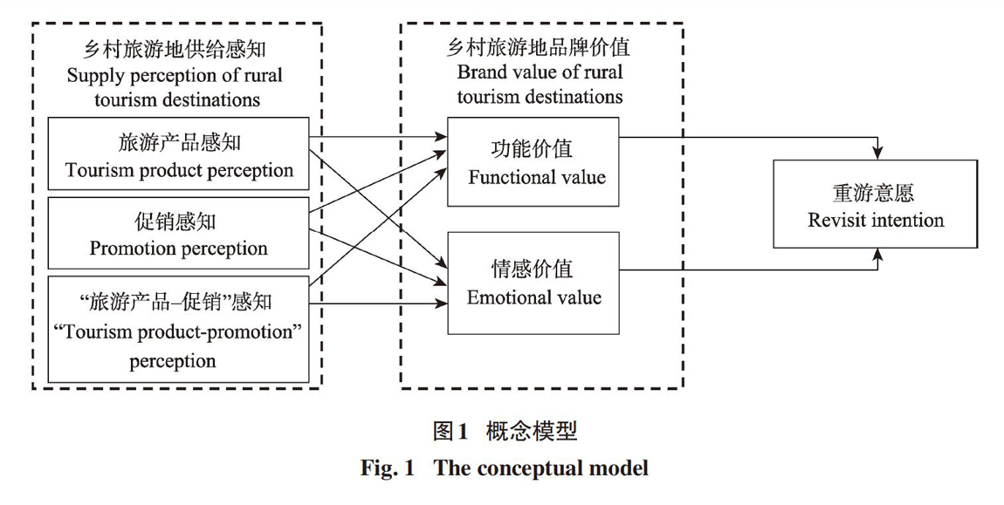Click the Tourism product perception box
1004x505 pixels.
[x=179, y=154]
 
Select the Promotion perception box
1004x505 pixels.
[x=179, y=234]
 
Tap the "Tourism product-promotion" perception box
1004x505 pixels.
[x=179, y=329]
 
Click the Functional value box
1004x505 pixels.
[x=533, y=162]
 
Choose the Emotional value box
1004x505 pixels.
[x=533, y=283]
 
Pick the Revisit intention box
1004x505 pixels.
[x=876, y=203]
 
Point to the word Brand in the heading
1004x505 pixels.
[x=477, y=72]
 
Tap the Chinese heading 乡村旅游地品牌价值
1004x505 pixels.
[x=539, y=48]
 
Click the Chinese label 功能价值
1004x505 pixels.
[x=532, y=149]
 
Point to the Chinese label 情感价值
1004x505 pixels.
[x=532, y=269]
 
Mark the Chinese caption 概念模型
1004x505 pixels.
[x=532, y=432]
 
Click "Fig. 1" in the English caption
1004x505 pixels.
[x=388, y=467]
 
